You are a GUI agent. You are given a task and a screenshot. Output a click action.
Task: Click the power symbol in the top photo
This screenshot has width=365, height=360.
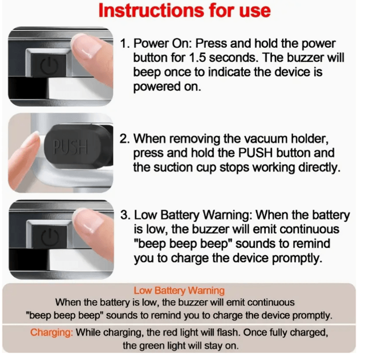49,66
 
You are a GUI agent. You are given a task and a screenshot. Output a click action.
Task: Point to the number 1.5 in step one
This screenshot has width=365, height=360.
197,58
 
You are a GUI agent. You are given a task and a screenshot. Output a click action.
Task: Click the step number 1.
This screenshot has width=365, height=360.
125,43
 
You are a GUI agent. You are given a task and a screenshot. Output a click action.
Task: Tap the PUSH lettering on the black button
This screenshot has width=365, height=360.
71,146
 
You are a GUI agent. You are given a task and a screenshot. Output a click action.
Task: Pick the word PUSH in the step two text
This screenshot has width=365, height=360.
255,153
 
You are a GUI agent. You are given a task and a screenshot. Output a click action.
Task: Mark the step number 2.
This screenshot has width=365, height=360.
124,139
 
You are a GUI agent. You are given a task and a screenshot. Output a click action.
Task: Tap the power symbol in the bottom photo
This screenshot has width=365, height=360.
50,237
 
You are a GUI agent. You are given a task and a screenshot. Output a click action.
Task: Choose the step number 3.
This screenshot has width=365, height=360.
125,215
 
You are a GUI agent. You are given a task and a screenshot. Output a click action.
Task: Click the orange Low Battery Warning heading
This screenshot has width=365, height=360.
179,291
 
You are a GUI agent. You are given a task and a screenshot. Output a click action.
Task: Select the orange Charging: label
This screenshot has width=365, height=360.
51,333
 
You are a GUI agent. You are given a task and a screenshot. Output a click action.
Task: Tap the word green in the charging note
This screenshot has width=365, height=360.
151,346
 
